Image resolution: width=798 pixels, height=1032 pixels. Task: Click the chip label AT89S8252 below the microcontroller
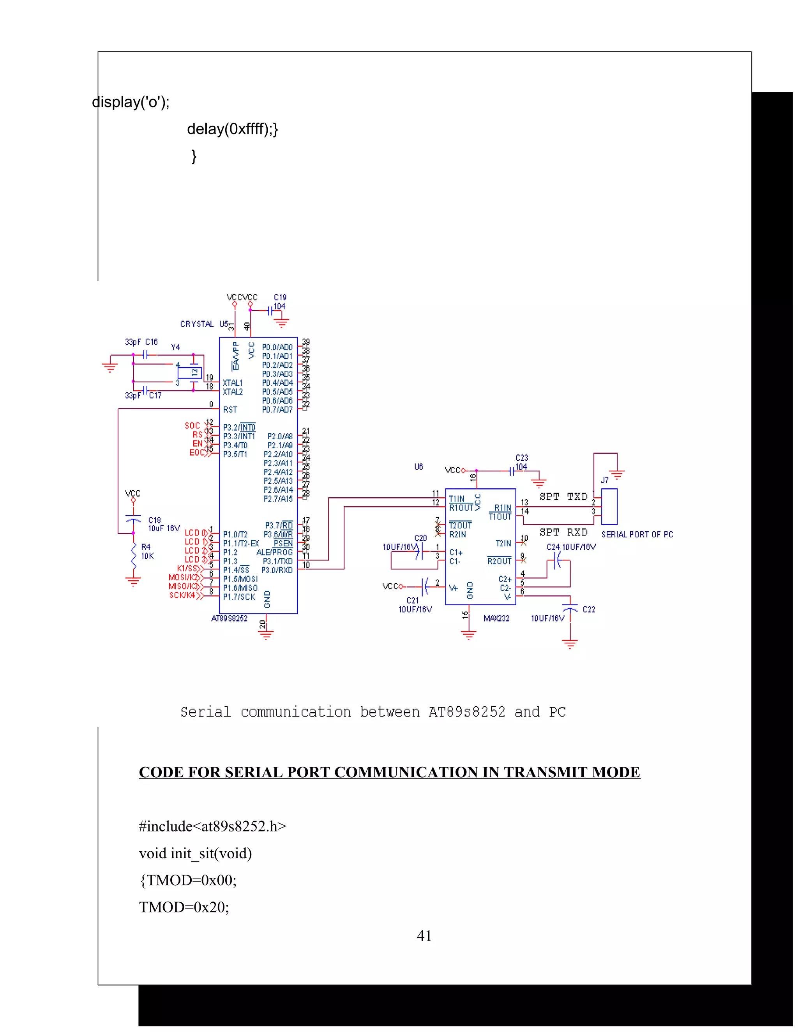click(x=229, y=618)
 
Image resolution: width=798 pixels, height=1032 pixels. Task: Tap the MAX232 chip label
click(x=496, y=618)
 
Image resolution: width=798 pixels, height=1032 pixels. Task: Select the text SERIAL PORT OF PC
click(x=637, y=534)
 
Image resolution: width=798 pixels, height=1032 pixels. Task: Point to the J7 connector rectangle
click(x=609, y=507)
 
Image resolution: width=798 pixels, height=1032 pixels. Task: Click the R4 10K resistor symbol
click(x=133, y=556)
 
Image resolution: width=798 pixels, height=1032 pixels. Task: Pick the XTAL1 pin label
click(x=233, y=383)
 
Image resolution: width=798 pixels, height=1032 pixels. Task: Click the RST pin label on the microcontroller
click(x=230, y=410)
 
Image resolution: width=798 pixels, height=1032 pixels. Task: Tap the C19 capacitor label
click(x=280, y=297)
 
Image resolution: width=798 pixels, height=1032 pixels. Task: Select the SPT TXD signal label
click(x=563, y=496)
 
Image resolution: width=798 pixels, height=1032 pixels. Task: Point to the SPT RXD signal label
click(x=563, y=532)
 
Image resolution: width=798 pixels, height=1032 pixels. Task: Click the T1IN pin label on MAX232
click(x=457, y=498)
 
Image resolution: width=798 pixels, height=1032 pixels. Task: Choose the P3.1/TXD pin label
click(x=277, y=561)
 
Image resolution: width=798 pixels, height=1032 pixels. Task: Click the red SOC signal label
click(x=192, y=426)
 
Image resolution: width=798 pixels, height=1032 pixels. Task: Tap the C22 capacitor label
click(x=589, y=609)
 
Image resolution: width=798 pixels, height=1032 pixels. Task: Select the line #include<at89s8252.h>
click(x=213, y=826)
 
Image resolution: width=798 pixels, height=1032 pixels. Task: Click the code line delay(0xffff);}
click(x=233, y=129)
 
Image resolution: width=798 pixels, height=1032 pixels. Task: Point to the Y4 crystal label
click(x=175, y=347)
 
